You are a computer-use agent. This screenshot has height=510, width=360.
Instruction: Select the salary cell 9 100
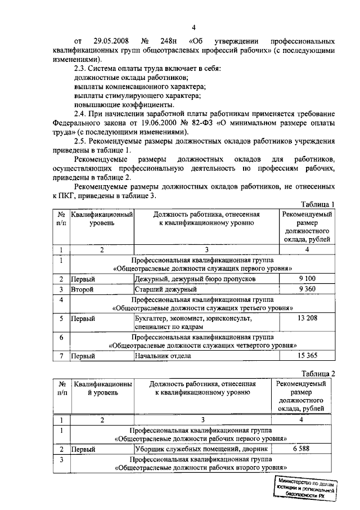pos(308,279)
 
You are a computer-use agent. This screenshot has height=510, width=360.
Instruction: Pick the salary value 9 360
pos(308,289)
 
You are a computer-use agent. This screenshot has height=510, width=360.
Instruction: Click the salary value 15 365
pos(308,356)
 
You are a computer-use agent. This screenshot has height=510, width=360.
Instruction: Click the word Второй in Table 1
pos(82,289)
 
